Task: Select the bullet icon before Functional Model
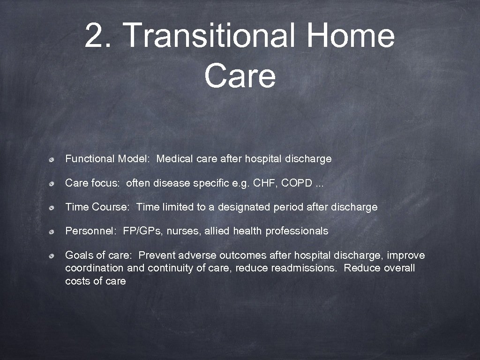point(55,159)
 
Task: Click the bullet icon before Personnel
point(55,232)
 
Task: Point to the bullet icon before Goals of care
point(55,256)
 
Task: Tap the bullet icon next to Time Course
point(55,208)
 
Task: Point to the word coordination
point(94,268)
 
